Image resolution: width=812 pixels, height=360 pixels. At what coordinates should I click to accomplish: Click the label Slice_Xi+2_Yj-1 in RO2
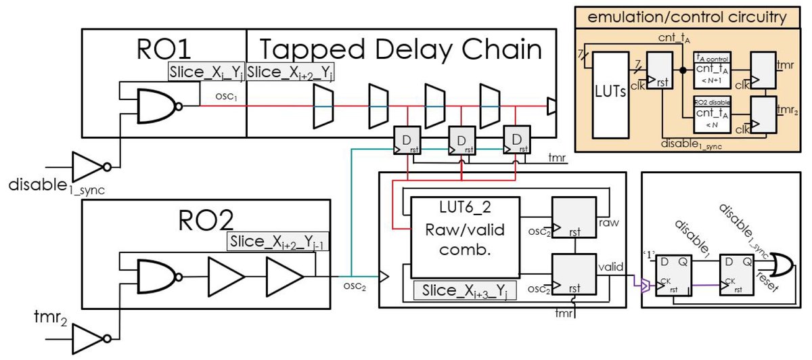pyautogui.click(x=278, y=241)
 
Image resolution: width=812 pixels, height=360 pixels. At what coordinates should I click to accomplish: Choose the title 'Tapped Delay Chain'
pyautogui.click(x=401, y=49)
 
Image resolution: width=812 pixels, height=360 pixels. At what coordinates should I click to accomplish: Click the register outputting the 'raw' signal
pyautogui.click(x=574, y=217)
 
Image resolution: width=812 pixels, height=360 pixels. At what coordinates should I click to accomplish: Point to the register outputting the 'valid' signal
pyautogui.click(x=574, y=274)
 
